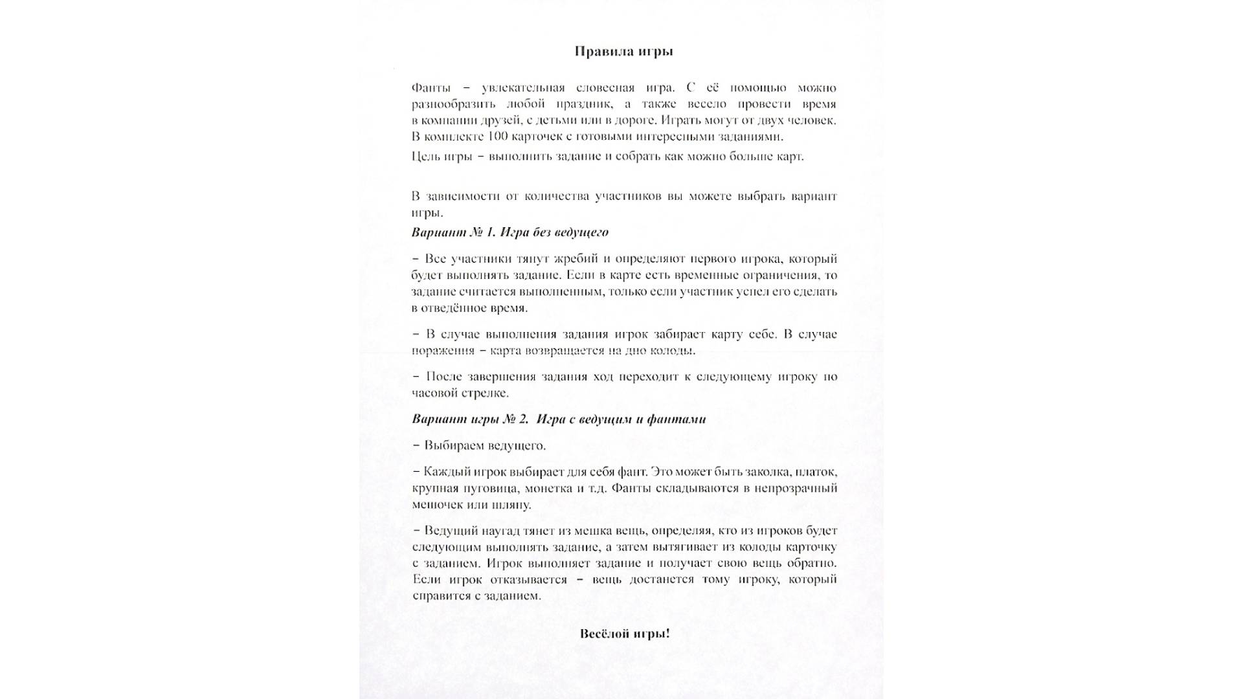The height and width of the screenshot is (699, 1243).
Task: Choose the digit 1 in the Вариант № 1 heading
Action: click(x=489, y=232)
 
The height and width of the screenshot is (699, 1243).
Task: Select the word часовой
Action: click(x=434, y=393)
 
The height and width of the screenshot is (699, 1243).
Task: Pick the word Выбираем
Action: click(x=453, y=445)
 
